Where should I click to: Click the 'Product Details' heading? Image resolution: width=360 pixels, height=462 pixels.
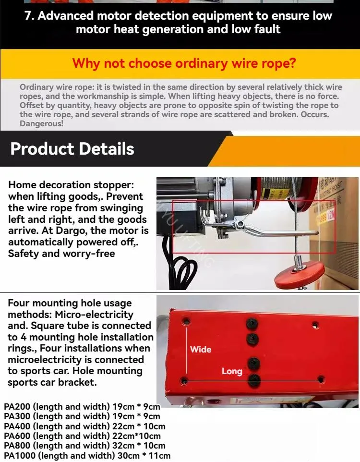(72, 148)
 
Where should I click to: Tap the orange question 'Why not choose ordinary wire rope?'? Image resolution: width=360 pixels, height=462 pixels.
(184, 63)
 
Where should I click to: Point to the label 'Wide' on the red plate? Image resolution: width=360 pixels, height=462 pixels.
(201, 349)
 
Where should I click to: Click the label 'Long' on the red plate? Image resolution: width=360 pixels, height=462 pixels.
(232, 371)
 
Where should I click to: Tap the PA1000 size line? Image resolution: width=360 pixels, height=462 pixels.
(87, 456)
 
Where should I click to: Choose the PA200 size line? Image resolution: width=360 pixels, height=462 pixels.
(82, 407)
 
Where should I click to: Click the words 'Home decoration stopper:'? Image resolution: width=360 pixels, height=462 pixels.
(71, 185)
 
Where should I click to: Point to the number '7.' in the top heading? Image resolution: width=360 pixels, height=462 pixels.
(29, 16)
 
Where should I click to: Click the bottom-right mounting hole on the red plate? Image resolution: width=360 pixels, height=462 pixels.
(321, 380)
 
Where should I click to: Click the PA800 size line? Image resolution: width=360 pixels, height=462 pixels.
(84, 446)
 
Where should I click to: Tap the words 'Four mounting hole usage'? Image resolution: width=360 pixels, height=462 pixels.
(70, 304)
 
